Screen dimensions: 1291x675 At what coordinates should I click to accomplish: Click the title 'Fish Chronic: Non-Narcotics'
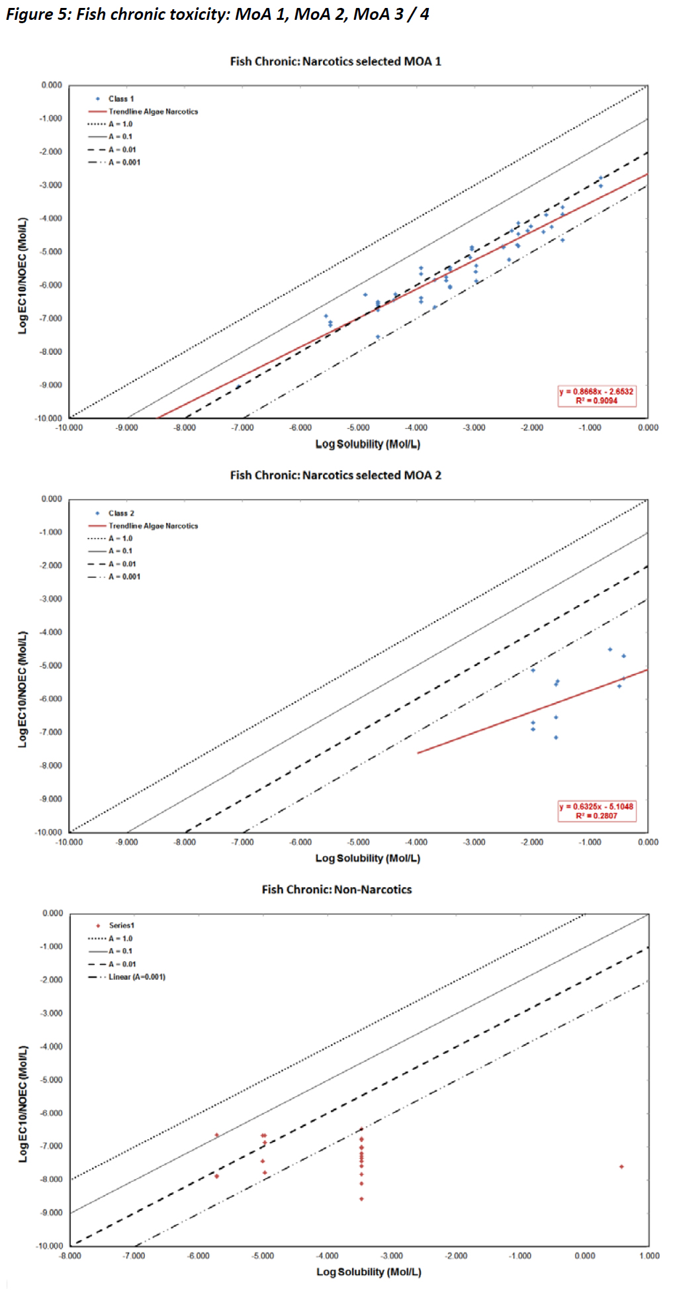click(336, 889)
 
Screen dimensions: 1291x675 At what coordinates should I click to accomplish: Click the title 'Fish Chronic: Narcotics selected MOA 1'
click(336, 62)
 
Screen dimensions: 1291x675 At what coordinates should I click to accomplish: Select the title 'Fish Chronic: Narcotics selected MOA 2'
click(336, 475)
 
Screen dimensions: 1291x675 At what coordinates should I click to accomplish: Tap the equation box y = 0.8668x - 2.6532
click(596, 396)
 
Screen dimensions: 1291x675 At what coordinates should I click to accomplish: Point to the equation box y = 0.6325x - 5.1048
click(596, 811)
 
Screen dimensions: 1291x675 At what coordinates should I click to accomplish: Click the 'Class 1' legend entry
click(120, 99)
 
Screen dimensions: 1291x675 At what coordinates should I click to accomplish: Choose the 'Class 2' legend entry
click(121, 513)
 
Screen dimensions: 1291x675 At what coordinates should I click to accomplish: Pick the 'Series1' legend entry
click(121, 926)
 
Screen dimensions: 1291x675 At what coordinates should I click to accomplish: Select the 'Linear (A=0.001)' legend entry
click(136, 977)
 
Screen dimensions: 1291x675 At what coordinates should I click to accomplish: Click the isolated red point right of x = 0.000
click(621, 1167)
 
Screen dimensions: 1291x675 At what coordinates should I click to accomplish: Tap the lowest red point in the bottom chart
click(361, 1199)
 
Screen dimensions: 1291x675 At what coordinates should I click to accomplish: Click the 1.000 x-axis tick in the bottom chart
click(649, 1256)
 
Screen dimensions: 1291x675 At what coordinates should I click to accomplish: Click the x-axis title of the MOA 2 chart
click(367, 858)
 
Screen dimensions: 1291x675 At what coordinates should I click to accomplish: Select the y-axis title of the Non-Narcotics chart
click(23, 1104)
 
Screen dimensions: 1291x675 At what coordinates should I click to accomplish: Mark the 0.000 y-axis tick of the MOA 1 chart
click(51, 85)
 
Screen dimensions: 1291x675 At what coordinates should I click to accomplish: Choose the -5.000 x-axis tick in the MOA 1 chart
click(358, 428)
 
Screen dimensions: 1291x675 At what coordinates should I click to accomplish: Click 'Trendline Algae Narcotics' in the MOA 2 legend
click(153, 526)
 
